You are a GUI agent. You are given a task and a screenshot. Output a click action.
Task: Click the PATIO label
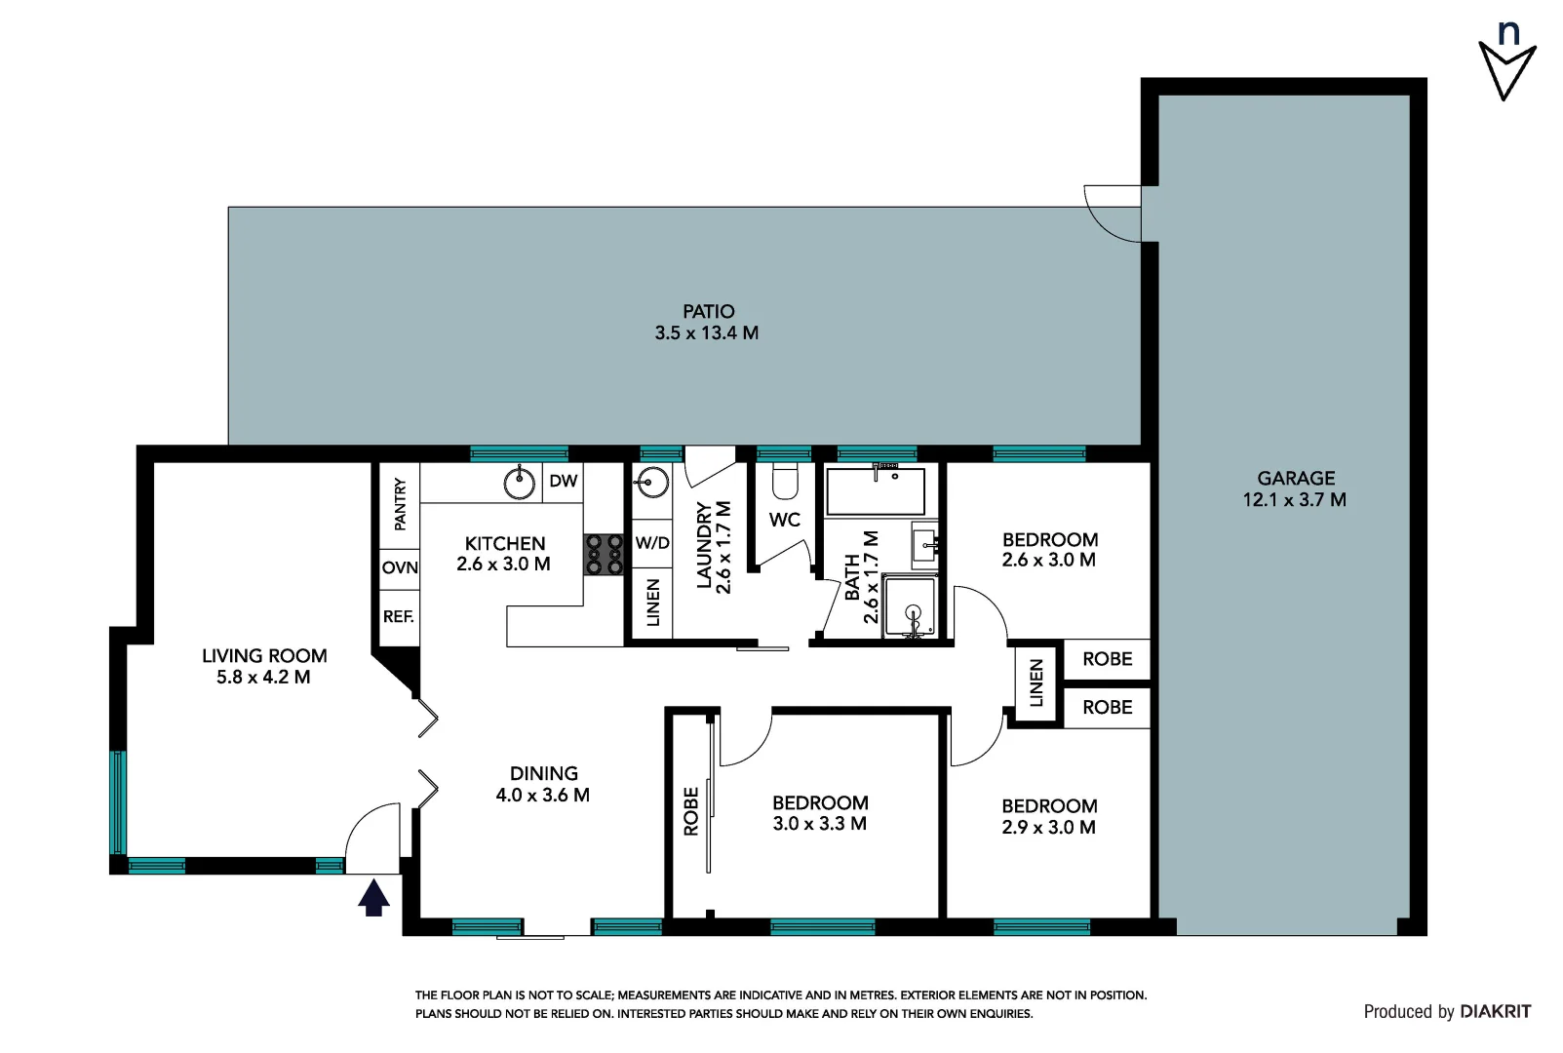pyautogui.click(x=708, y=311)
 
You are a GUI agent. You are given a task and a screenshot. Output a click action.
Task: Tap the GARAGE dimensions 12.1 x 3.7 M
pyautogui.click(x=1295, y=500)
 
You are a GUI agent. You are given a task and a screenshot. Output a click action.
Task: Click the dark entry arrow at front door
pyautogui.click(x=373, y=898)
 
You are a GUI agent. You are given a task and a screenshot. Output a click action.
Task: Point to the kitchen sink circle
pyautogui.click(x=521, y=481)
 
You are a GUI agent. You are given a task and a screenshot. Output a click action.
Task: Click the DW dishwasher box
pyautogui.click(x=563, y=481)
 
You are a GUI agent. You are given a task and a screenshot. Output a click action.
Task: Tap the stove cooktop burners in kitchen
pyautogui.click(x=604, y=554)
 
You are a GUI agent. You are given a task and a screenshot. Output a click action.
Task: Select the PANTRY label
pyautogui.click(x=400, y=504)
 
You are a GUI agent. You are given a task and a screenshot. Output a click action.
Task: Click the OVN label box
pyautogui.click(x=400, y=567)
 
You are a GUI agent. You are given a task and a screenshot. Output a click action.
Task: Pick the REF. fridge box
pyautogui.click(x=399, y=616)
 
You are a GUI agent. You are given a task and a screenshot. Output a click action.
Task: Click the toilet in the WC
pyautogui.click(x=785, y=481)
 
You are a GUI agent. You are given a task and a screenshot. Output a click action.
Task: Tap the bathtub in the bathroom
pyautogui.click(x=875, y=491)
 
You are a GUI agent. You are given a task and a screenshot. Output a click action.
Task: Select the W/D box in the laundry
pyautogui.click(x=652, y=543)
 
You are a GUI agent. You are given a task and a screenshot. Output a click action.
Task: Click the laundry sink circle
pyautogui.click(x=650, y=482)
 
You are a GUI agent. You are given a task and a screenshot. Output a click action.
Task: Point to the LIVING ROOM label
pyautogui.click(x=264, y=656)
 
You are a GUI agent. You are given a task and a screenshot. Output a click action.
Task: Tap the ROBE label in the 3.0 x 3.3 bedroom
pyautogui.click(x=691, y=811)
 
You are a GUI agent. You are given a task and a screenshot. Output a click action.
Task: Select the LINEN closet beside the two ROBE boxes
pyautogui.click(x=1035, y=682)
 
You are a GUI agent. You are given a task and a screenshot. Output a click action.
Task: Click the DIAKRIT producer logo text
pyautogui.click(x=1495, y=1012)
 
